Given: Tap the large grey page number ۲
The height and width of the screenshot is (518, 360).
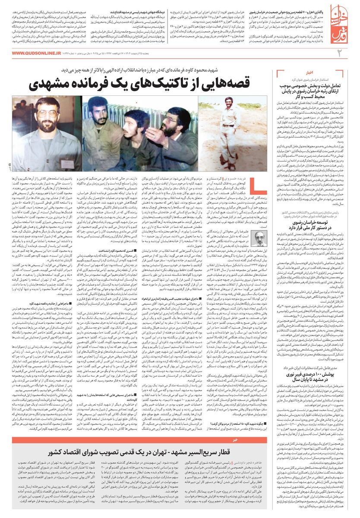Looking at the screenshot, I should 340,54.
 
